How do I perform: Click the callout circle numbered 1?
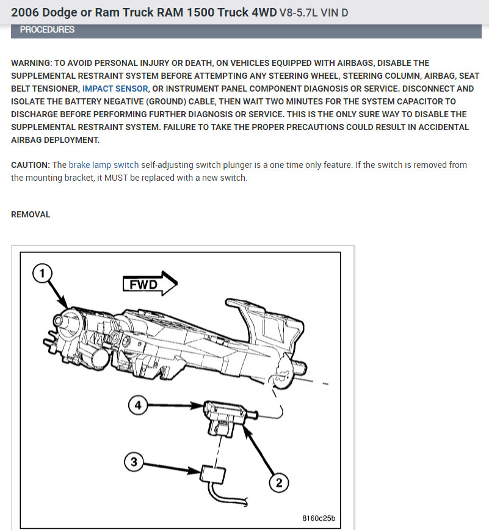click(42, 275)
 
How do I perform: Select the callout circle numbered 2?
click(279, 483)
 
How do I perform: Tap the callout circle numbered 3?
click(134, 462)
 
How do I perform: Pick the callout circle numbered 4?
click(139, 405)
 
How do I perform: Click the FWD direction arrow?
click(150, 284)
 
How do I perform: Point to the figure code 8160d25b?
click(319, 519)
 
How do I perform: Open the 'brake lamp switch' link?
click(103, 165)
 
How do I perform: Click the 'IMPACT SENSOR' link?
click(115, 89)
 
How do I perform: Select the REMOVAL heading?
click(31, 214)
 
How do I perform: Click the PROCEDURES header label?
click(47, 29)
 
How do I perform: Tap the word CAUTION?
click(31, 165)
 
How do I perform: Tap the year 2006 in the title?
click(25, 12)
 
